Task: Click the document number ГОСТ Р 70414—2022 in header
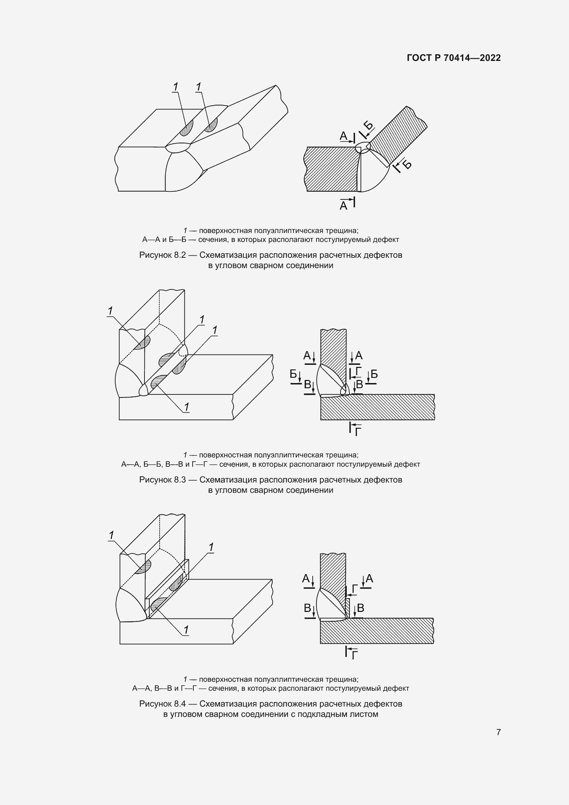[x=454, y=58]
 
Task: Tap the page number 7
[x=498, y=732]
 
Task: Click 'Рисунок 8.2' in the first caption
[x=162, y=255]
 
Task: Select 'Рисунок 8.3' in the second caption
[x=162, y=480]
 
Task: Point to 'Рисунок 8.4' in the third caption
[x=162, y=704]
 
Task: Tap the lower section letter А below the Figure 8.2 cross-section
[x=343, y=206]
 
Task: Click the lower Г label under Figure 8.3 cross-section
[x=357, y=432]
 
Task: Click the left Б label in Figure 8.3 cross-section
[x=293, y=374]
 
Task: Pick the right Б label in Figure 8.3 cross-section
[x=374, y=374]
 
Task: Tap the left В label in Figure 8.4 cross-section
[x=307, y=608]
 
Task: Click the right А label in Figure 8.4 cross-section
[x=369, y=579]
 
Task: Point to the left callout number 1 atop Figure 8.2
[x=175, y=87]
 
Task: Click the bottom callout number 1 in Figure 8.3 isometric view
[x=186, y=407]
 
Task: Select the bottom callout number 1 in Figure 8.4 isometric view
[x=186, y=630]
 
